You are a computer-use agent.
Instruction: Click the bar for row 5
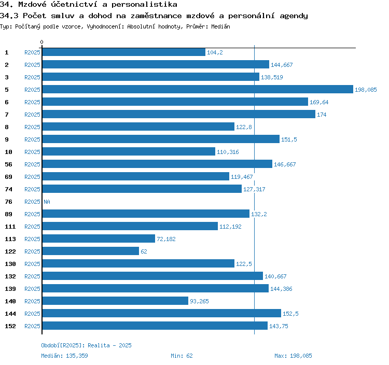tap(197, 90)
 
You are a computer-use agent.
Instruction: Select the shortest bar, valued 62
tap(90, 251)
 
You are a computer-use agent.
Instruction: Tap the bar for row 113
tap(98, 239)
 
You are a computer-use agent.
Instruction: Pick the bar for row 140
tap(115, 301)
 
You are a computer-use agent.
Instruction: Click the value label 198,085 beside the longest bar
tap(366, 90)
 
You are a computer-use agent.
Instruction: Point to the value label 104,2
tap(215, 53)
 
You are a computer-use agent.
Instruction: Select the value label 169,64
tap(319, 103)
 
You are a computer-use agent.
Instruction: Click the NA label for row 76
tap(47, 202)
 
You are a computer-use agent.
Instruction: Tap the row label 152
tap(10, 327)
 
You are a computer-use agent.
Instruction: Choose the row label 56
tap(8, 165)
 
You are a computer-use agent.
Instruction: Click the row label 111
tap(10, 227)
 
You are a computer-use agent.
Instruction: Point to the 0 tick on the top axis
tap(42, 42)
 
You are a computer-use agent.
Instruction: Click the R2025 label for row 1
tap(32, 53)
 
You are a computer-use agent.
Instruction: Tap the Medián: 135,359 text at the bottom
tap(64, 356)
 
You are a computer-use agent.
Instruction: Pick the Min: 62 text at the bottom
tap(182, 356)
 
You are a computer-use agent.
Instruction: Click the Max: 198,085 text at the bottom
tap(293, 356)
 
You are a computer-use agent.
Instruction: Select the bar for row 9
tap(160, 139)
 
